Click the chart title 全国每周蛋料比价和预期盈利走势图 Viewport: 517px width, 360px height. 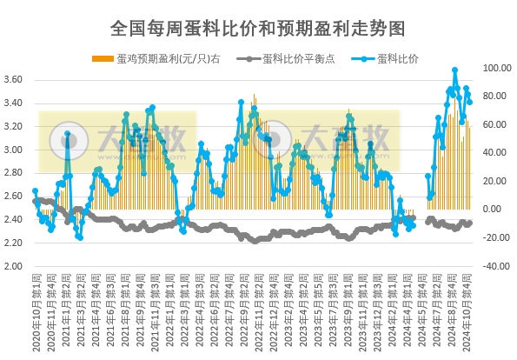[258, 28]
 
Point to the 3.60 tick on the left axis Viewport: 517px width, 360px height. [15, 80]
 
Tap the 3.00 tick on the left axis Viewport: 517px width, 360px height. [15, 150]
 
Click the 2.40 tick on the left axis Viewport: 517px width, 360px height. [15, 220]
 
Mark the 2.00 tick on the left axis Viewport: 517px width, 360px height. [15, 267]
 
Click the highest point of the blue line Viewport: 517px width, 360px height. [454, 70]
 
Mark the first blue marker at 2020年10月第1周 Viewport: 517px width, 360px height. [36, 190]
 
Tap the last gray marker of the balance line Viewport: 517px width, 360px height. [469, 223]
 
